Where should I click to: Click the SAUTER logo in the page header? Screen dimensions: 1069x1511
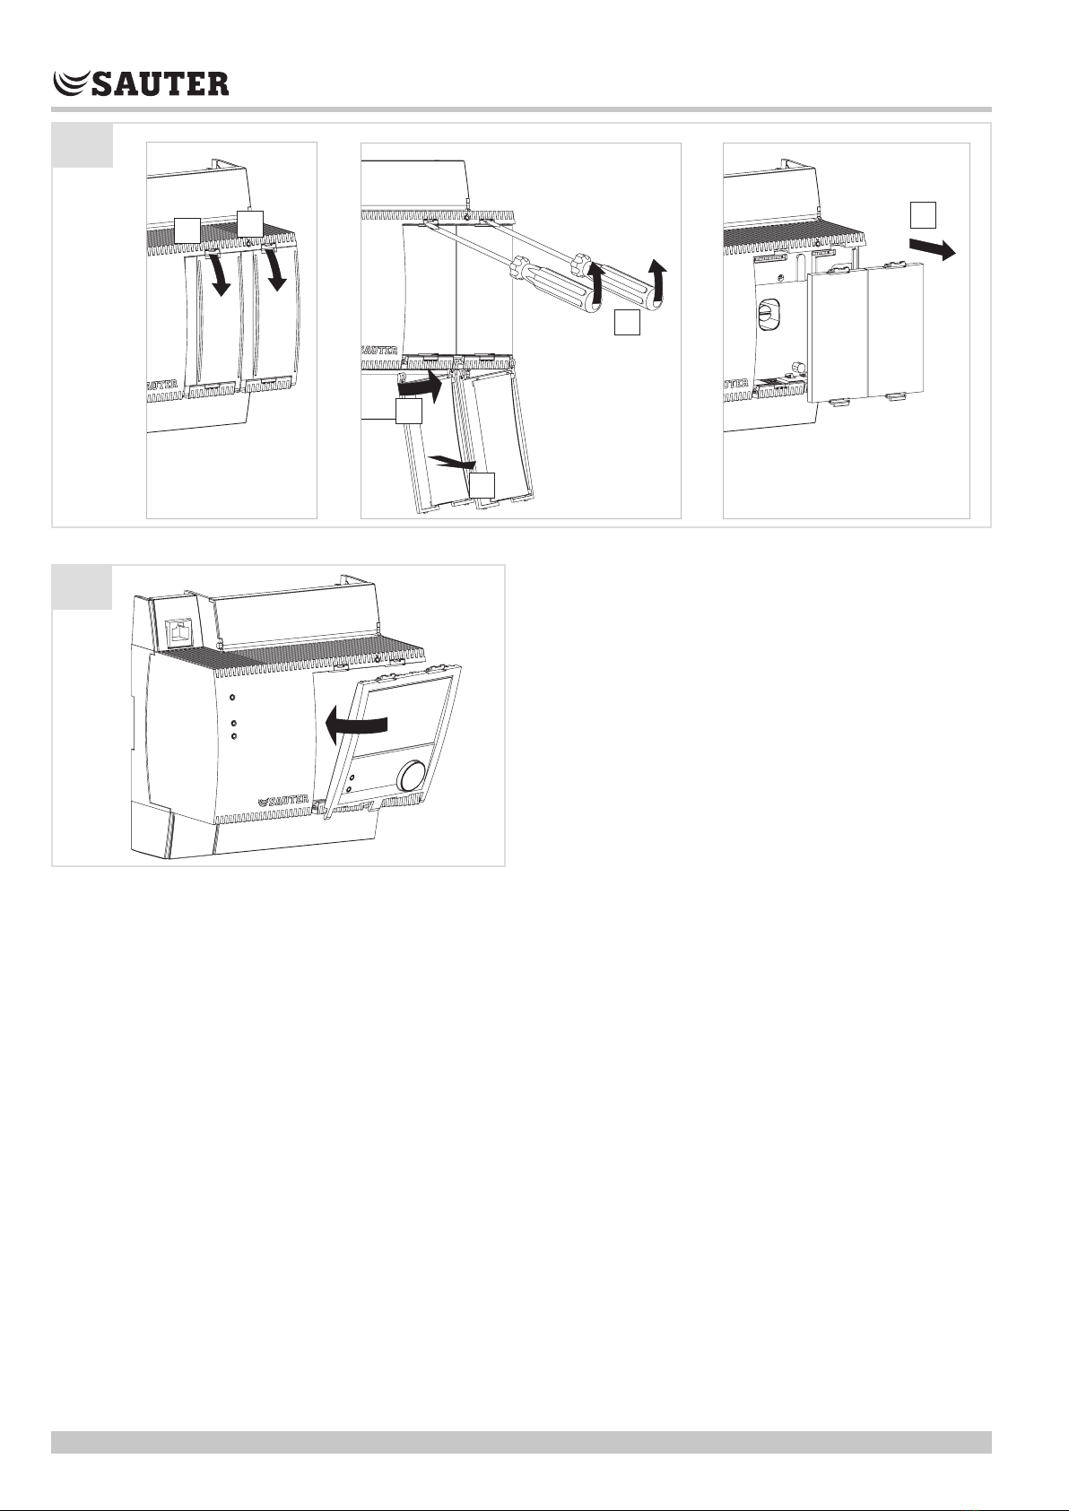pos(141,83)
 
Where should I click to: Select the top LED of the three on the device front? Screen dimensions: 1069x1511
pos(232,698)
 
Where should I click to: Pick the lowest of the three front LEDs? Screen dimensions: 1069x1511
pos(233,736)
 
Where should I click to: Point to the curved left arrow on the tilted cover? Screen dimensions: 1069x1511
pos(355,726)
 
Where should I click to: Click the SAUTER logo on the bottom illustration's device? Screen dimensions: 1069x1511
pos(283,800)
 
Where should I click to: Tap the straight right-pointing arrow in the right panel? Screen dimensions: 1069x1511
pos(933,247)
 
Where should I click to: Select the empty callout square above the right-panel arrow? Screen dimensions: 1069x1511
pos(923,214)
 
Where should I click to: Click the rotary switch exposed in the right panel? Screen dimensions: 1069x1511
pos(769,314)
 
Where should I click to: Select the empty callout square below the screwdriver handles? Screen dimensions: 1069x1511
pos(627,322)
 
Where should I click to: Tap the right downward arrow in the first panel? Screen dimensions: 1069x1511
pos(274,270)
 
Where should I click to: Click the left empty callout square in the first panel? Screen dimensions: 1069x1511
pos(187,230)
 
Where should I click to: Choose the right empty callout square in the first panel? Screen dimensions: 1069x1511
pos(249,224)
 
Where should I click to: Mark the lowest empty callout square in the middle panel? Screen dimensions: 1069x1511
pos(482,486)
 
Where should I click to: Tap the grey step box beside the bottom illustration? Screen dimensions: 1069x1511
pos(83,587)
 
